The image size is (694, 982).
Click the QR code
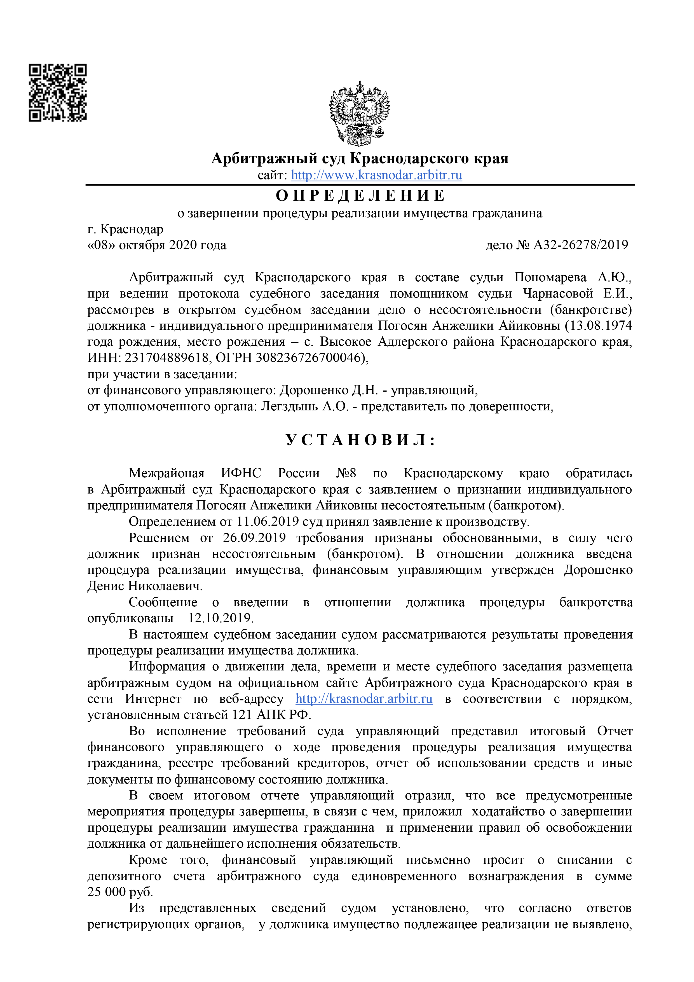tap(58, 93)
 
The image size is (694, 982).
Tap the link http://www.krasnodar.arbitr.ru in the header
tap(376, 175)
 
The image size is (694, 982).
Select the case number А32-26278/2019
tap(581, 245)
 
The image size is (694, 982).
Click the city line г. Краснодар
tap(125, 229)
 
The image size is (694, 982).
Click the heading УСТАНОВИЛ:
tap(360, 440)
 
